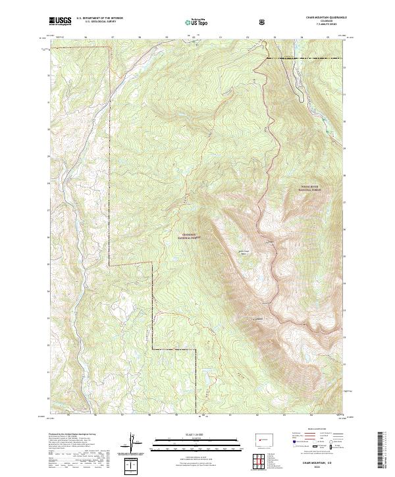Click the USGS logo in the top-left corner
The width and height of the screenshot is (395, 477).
61,22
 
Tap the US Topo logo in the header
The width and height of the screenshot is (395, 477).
197,22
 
